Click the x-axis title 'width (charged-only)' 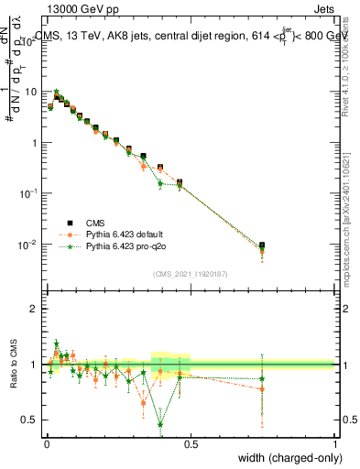pos(288,458)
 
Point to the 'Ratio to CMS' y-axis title pos(14,365)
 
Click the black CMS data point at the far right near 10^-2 pos(262,245)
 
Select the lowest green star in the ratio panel pos(161,424)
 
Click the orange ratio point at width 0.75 pos(262,389)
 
